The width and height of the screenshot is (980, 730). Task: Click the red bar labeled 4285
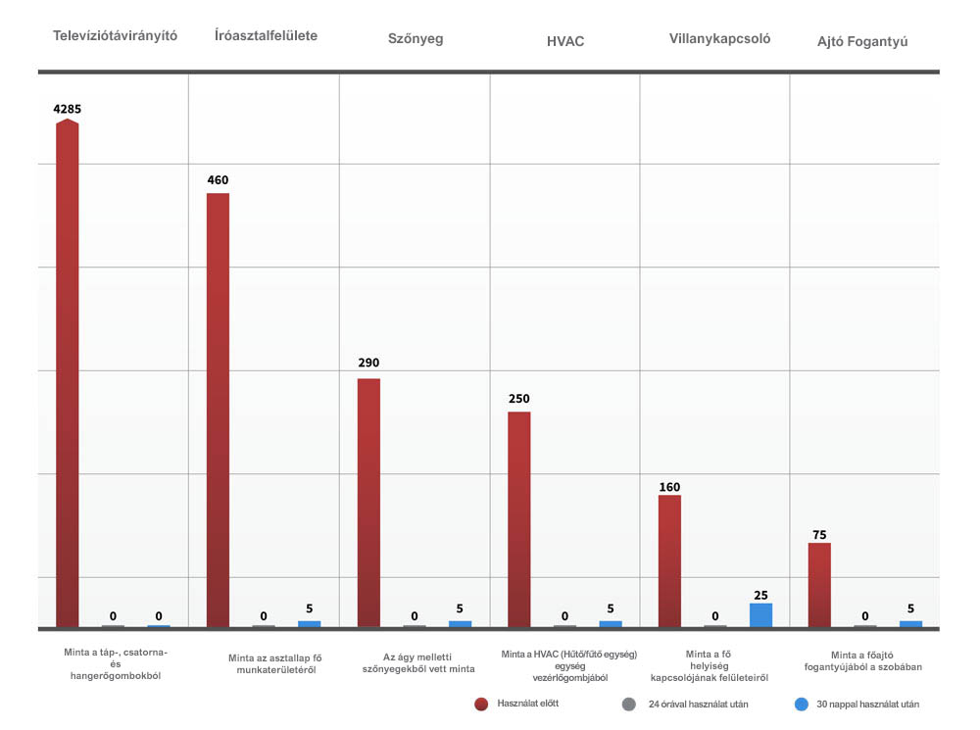[67, 372]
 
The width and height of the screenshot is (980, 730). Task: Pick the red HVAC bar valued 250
[518, 518]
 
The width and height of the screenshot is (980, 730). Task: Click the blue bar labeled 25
[760, 614]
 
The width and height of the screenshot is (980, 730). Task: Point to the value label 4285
[67, 109]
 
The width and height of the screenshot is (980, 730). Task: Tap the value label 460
[218, 180]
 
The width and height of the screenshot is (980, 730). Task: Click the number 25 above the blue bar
[760, 595]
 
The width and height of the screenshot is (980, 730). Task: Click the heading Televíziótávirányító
[115, 35]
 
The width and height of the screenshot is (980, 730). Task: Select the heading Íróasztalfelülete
[266, 35]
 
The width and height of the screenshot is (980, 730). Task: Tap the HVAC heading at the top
[565, 41]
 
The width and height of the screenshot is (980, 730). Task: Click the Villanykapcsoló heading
[719, 39]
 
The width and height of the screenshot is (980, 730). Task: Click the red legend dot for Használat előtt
[481, 704]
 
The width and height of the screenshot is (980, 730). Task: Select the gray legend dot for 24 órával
[629, 704]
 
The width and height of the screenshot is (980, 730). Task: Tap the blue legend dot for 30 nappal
[801, 704]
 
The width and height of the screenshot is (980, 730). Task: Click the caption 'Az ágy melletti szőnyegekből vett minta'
[416, 661]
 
